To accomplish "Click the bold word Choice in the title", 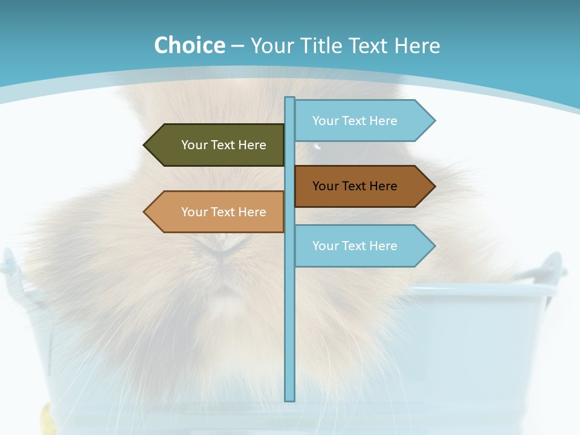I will [x=189, y=45].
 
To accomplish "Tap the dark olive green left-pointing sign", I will [x=224, y=145].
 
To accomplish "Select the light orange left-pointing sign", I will [x=224, y=212].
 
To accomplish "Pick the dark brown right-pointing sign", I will [x=356, y=186].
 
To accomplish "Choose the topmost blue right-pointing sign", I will [x=356, y=121].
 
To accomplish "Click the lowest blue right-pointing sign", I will [x=356, y=246].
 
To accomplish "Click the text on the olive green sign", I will [x=224, y=145].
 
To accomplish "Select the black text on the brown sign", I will [x=355, y=186].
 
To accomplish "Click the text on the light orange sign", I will [x=224, y=212].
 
